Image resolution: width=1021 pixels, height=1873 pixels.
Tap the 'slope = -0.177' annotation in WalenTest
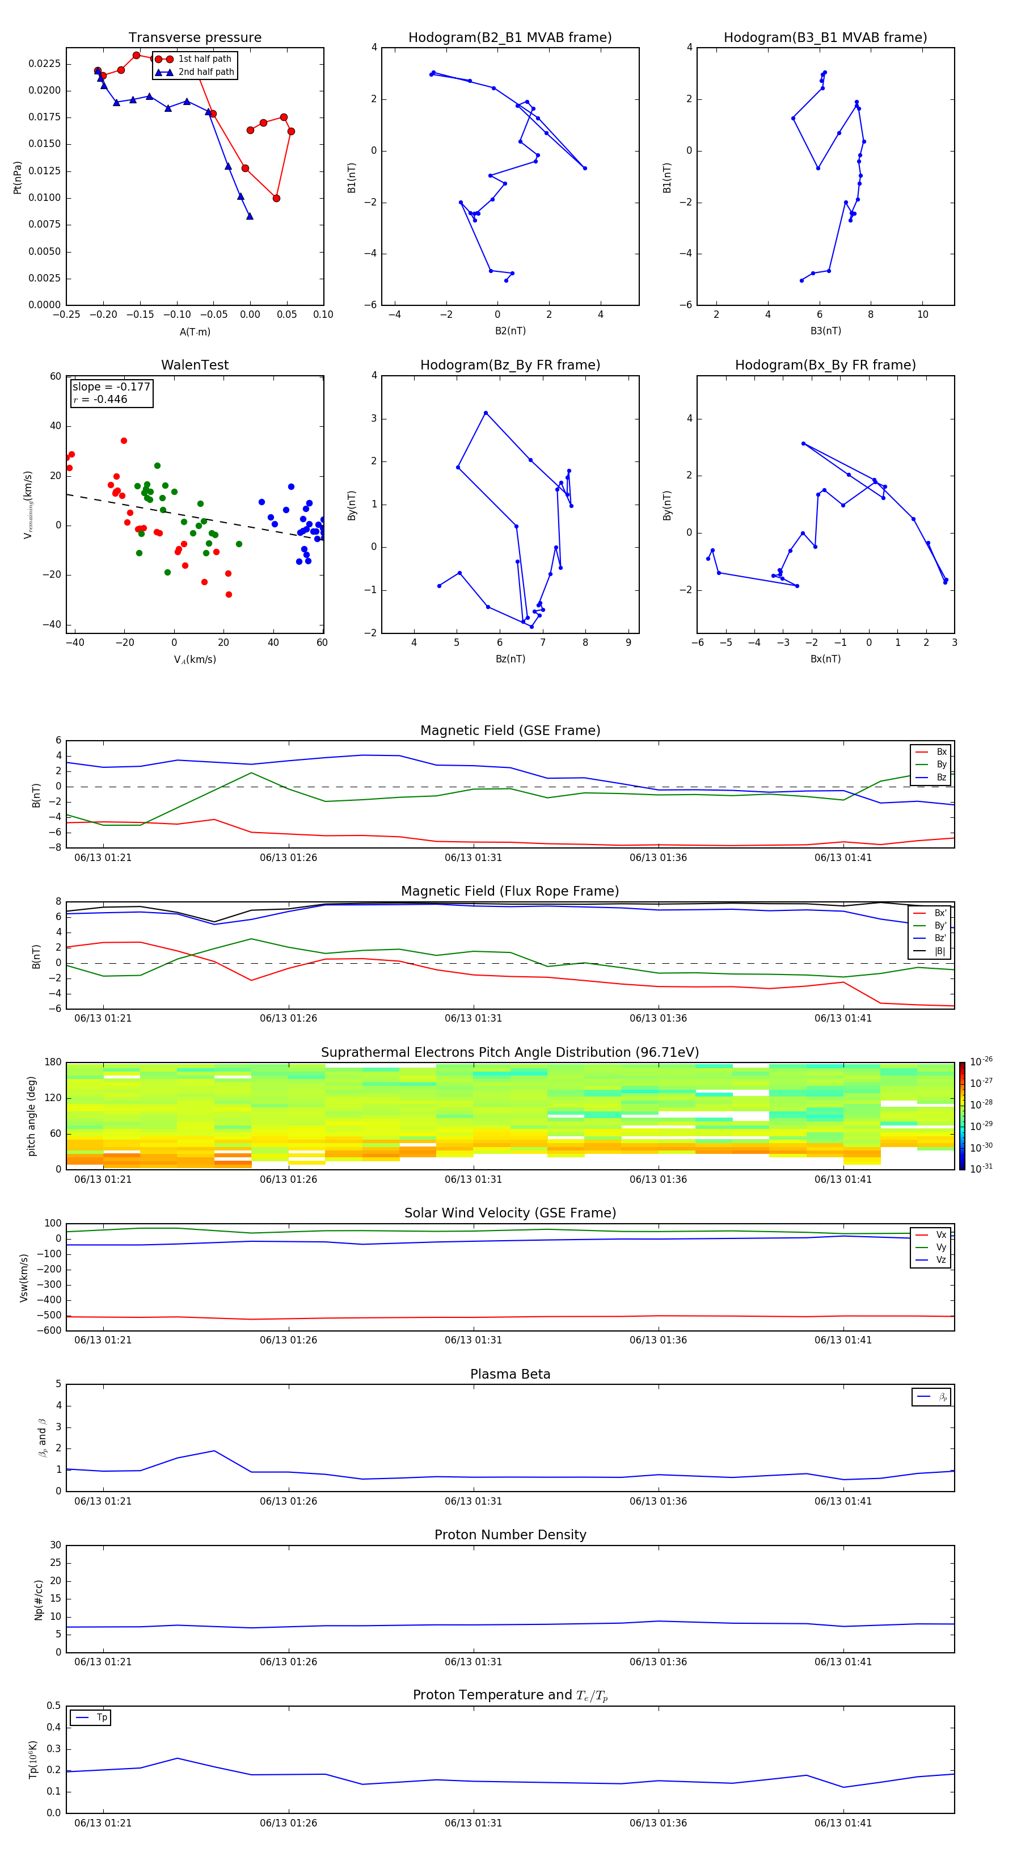tap(111, 387)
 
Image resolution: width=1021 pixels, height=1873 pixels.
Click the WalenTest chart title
tap(195, 365)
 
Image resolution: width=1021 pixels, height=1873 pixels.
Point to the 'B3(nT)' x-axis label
tap(825, 331)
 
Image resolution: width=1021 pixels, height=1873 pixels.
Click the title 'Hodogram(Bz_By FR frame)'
tap(510, 365)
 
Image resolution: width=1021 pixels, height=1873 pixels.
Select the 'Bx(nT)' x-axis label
tap(825, 659)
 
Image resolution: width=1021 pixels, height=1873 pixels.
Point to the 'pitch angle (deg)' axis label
tap(31, 1115)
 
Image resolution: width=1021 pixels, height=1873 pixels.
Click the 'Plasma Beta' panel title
tap(510, 1374)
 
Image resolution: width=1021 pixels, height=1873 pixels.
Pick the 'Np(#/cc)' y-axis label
tap(39, 1599)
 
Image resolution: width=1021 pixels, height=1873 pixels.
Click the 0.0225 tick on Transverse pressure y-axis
tap(44, 64)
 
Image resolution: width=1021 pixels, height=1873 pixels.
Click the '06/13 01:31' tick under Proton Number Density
tap(473, 1661)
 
